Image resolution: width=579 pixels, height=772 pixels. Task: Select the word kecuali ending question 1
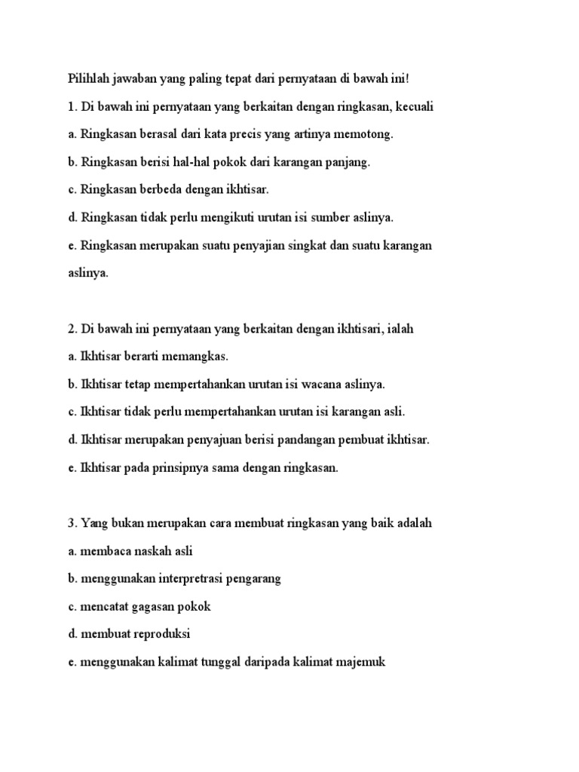click(413, 107)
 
